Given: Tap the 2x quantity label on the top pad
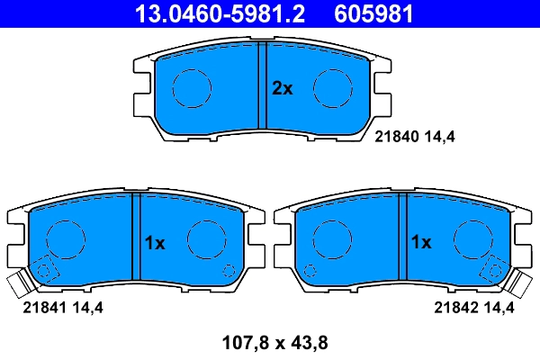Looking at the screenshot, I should coord(283,88).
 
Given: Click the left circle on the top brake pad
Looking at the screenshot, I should coord(191,87).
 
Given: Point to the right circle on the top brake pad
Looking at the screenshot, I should coord(331,87).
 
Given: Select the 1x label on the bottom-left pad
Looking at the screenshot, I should coord(156,242).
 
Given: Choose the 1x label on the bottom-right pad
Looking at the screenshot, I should coord(421,242).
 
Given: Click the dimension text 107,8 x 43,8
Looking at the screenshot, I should coord(270,342).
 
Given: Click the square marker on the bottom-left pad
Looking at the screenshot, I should coord(44,269).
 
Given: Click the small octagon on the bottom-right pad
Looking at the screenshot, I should coord(311,269).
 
